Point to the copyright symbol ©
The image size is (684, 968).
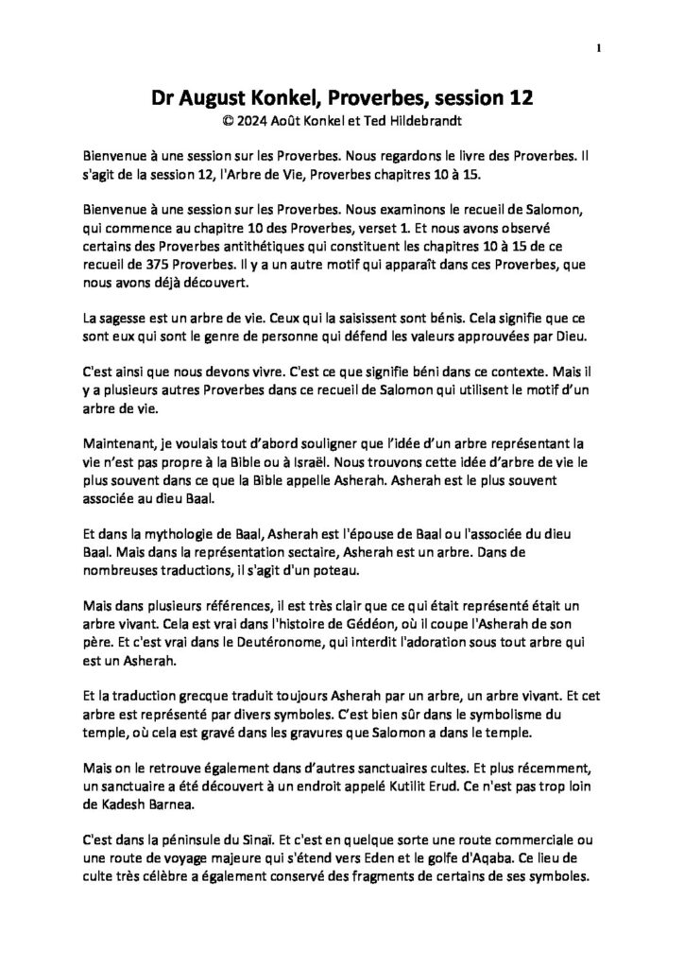(x=226, y=122)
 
